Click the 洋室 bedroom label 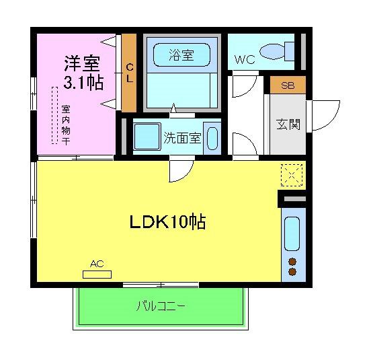[82, 63]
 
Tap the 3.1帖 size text [83, 83]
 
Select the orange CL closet [129, 73]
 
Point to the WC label [244, 59]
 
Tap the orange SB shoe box [287, 85]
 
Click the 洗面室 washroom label [182, 138]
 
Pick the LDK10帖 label [167, 222]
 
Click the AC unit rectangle [97, 274]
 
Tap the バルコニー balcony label [161, 306]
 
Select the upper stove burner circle [293, 261]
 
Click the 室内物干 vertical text [66, 125]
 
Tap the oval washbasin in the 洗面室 [212, 138]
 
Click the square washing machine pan [146, 138]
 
